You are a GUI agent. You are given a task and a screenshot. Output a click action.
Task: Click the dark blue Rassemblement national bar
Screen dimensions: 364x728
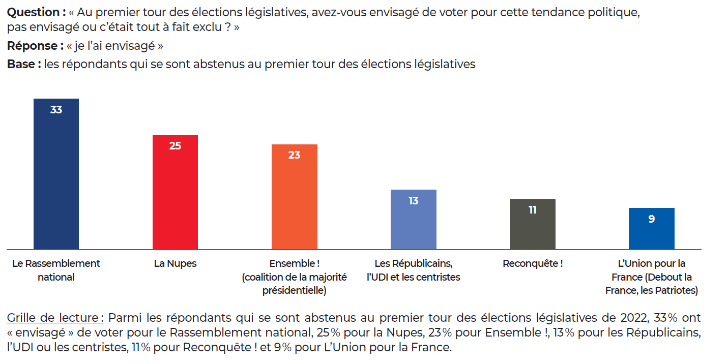coord(56,178)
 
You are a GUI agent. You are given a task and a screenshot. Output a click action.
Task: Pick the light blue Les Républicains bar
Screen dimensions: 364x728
coord(413,224)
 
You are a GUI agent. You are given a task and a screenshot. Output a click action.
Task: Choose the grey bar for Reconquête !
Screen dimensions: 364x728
coord(532,228)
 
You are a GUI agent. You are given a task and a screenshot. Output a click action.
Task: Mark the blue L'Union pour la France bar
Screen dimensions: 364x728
coord(651,232)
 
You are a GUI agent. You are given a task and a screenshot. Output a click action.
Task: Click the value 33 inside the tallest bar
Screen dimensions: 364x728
coord(56,109)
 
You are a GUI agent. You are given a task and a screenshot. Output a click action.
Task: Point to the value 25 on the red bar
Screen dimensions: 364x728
coord(175,146)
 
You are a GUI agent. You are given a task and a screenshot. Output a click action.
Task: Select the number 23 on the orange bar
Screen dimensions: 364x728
coord(294,155)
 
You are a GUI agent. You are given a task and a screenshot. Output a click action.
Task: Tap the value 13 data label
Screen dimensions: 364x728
coord(413,201)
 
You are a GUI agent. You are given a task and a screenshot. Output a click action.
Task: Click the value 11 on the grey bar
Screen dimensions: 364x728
coord(532,210)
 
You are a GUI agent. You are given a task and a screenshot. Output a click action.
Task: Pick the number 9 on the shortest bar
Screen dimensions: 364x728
coord(651,219)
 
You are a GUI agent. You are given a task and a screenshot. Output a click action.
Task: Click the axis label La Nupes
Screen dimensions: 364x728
coord(175,264)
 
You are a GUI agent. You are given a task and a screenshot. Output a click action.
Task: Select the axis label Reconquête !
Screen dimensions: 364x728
coord(532,264)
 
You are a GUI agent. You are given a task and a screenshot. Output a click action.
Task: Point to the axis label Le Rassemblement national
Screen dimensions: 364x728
coord(56,270)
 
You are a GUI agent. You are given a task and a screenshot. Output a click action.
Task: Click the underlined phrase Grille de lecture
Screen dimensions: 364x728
coord(55,318)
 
